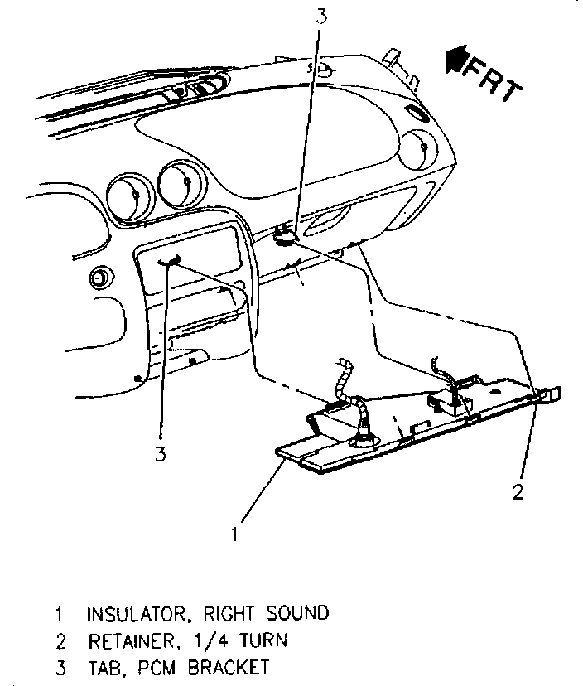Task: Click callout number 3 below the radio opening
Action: [160, 453]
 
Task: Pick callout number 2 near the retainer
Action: [518, 492]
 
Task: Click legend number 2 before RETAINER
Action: [59, 640]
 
